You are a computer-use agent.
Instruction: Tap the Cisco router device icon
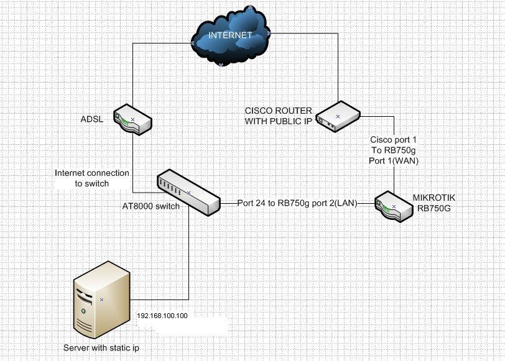pos(338,117)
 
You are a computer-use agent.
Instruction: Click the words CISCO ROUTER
pos(279,111)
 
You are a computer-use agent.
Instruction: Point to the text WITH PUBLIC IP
pos(278,121)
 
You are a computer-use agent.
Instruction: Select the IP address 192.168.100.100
pos(162,316)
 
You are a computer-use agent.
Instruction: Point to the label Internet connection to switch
pos(92,178)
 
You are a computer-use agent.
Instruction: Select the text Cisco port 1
pos(394,140)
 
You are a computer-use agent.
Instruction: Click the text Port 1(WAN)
pos(394,160)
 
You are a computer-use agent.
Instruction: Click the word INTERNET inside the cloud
pos(230,35)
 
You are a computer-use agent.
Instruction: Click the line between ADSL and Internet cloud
pos(132,75)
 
